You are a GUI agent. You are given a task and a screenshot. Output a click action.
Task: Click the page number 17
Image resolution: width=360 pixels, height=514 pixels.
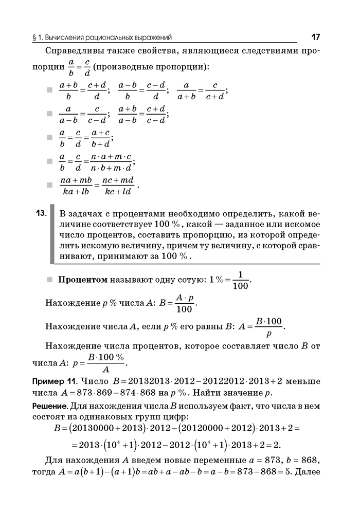(x=315, y=37)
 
